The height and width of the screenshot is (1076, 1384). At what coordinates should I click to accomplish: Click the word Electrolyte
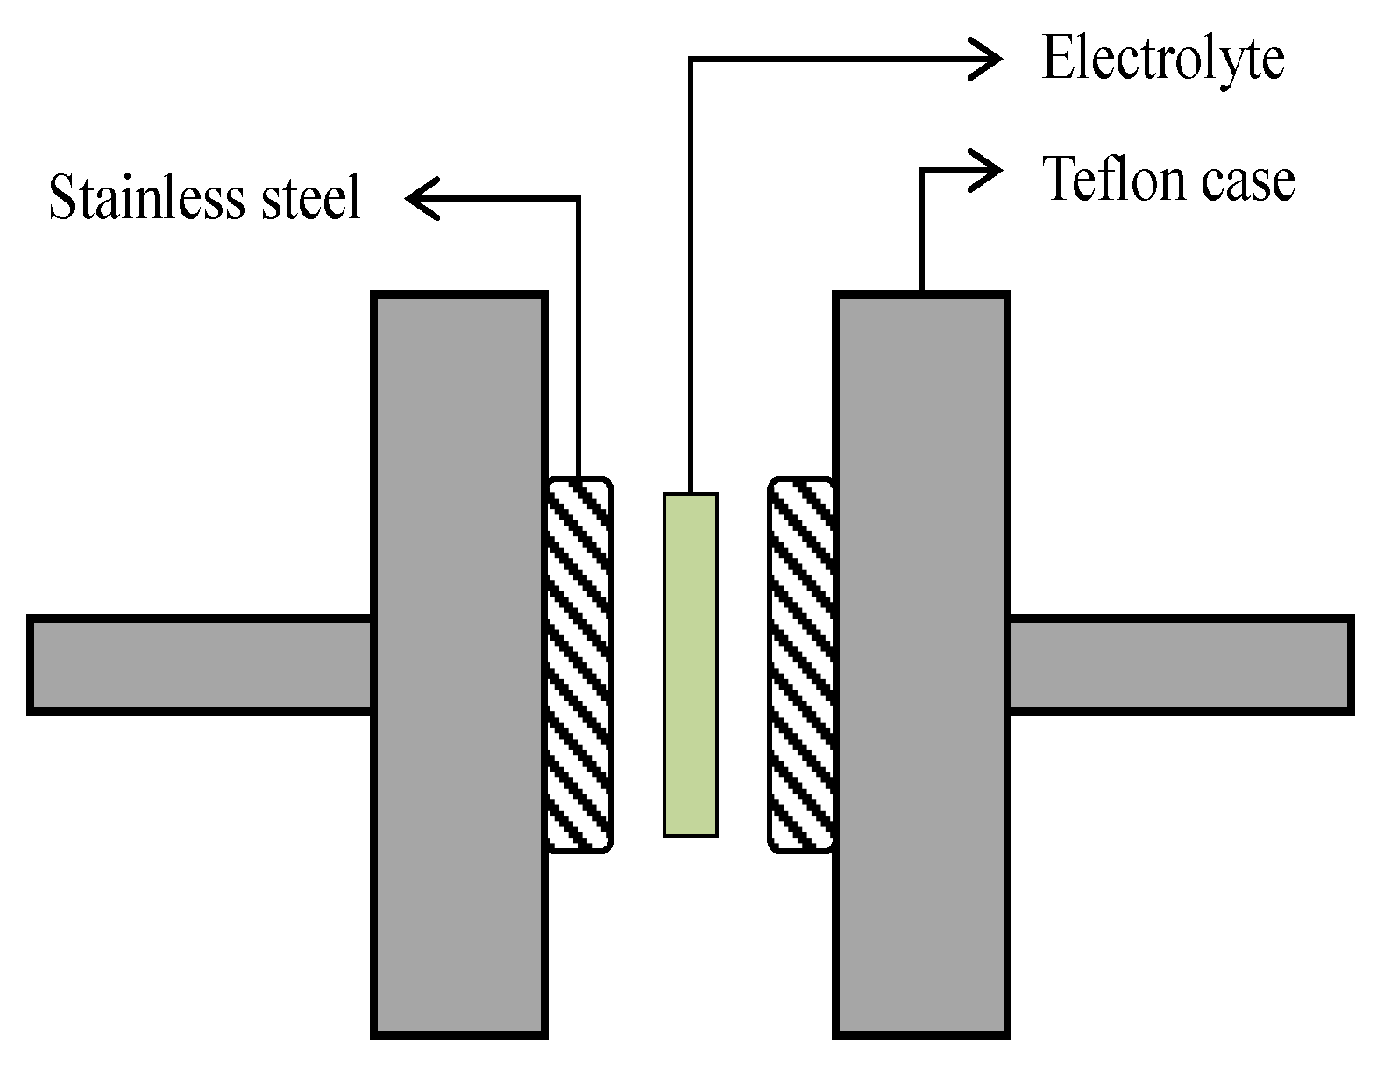pos(1162,60)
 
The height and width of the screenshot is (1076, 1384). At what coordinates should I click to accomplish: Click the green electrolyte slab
pos(691,665)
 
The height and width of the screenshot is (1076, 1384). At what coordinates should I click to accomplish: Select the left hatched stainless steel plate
pos(578,665)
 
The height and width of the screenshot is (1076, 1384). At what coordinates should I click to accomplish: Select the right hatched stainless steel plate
pos(801,665)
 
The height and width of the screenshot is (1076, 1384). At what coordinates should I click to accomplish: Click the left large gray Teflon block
pos(459,665)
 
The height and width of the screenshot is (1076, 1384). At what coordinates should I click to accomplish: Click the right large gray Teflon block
pos(921,665)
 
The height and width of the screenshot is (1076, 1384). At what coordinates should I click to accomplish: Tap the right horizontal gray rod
pos(1180,665)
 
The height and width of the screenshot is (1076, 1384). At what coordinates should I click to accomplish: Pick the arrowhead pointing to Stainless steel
pos(417,199)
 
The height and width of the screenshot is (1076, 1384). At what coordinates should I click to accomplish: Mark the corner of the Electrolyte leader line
pos(691,59)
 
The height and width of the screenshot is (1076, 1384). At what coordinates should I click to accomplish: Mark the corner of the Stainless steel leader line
pos(578,199)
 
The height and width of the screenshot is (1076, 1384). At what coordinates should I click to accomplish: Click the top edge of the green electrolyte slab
pos(691,496)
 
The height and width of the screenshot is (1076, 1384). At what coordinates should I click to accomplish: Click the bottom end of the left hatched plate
pos(578,848)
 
